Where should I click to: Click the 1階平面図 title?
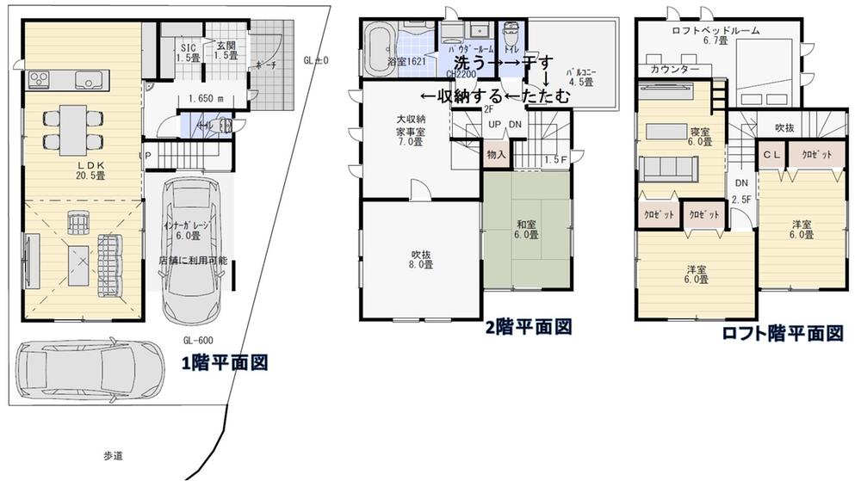(x=224, y=363)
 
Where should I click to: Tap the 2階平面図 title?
(x=528, y=326)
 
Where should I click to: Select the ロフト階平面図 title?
(x=782, y=334)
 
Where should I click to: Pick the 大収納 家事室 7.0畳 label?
(x=409, y=131)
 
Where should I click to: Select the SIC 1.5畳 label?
(x=189, y=52)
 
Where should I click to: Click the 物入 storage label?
(x=495, y=156)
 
